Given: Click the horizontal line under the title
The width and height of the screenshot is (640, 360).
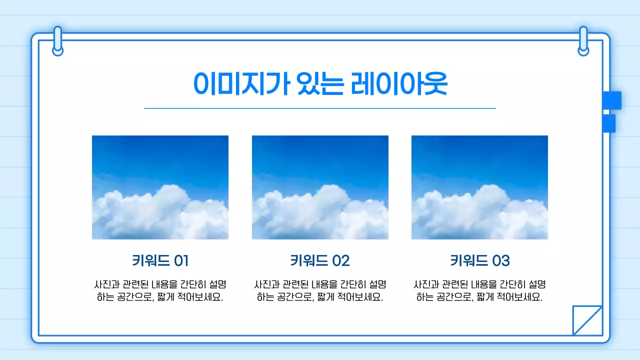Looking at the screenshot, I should pyautogui.click(x=320, y=108).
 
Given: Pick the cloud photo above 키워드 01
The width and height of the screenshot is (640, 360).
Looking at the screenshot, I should pyautogui.click(x=160, y=187).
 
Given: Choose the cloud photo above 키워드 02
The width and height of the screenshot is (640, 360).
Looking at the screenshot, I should pyautogui.click(x=320, y=187).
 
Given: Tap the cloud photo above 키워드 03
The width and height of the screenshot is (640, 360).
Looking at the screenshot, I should pyautogui.click(x=479, y=187).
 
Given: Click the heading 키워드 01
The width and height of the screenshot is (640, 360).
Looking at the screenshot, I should pyautogui.click(x=160, y=260).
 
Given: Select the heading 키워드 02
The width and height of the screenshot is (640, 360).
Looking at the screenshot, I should pyautogui.click(x=320, y=260).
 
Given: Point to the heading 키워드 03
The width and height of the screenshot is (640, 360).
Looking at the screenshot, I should pyautogui.click(x=479, y=260).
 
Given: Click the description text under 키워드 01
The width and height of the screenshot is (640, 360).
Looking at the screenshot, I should pyautogui.click(x=160, y=290).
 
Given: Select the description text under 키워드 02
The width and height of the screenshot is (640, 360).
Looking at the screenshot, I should pyautogui.click(x=320, y=290).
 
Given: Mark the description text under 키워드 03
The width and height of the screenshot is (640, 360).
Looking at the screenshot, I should pyautogui.click(x=479, y=290).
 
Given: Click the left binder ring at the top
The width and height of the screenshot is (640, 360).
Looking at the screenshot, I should pyautogui.click(x=57, y=41).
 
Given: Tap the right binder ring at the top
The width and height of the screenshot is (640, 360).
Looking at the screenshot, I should pyautogui.click(x=583, y=41).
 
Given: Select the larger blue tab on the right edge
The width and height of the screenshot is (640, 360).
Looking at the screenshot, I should pyautogui.click(x=612, y=100).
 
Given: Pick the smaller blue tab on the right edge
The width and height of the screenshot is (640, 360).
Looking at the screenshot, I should pyautogui.click(x=609, y=123).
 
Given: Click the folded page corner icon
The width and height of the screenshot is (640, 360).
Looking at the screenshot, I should pyautogui.click(x=587, y=320).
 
